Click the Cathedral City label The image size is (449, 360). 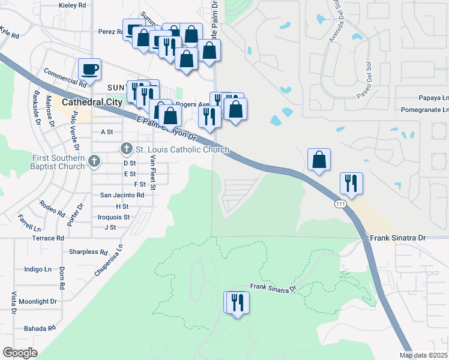point(92,102)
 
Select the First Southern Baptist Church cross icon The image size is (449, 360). point(94,160)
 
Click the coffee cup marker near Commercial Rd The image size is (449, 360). point(90,70)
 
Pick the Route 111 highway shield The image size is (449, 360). point(340,205)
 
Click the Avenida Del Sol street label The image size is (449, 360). point(335,27)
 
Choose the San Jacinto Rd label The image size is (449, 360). point(122,195)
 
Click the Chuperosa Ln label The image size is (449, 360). point(109,260)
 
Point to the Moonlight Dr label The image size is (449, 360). point(37,301)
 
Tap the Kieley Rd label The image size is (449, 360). point(73,5)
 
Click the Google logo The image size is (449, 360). point(20,353)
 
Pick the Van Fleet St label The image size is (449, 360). point(153,172)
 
